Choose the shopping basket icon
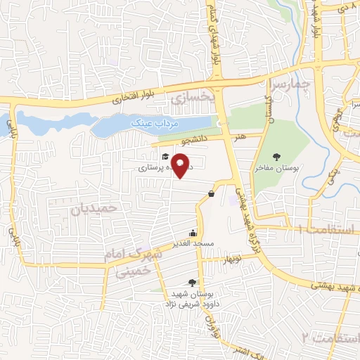coord(211,193)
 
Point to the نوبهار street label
coord(233,260)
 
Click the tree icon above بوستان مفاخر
coord(285,157)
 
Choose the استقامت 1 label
coord(328,229)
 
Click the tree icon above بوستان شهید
coord(193,282)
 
